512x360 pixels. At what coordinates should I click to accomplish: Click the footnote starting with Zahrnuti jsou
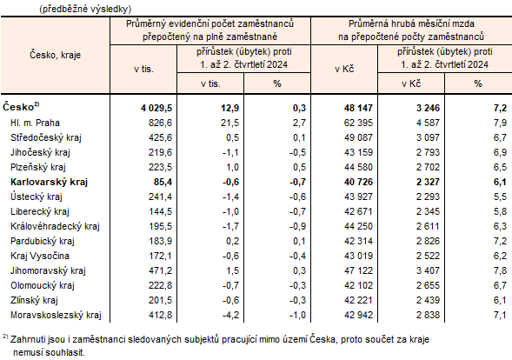pos(217,337)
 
